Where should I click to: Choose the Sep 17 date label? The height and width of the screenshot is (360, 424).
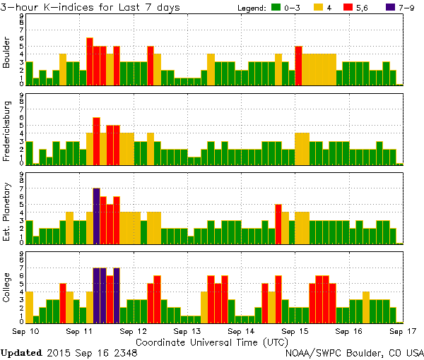[404, 330]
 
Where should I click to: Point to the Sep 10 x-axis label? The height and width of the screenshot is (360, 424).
[25, 330]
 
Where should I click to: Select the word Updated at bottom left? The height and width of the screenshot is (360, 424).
[23, 352]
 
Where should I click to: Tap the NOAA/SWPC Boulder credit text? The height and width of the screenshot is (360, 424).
[353, 352]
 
